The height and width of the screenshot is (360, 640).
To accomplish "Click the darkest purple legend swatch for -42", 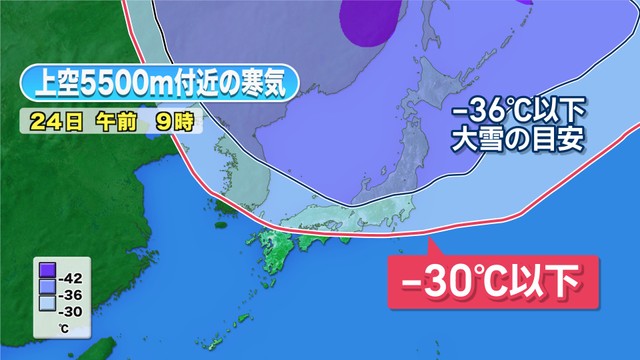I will (46, 269).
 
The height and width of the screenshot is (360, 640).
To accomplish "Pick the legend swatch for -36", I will (46, 283).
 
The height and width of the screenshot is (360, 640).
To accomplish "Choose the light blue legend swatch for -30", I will (46, 297).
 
